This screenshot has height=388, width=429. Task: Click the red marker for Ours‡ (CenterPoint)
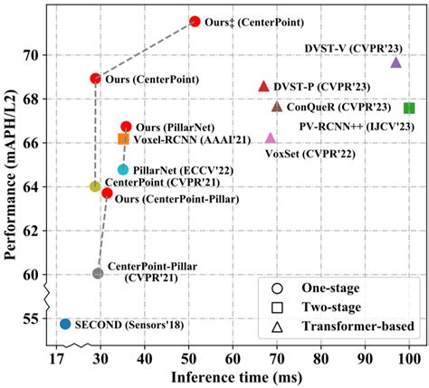(195, 21)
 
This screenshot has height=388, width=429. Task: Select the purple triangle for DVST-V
(396, 62)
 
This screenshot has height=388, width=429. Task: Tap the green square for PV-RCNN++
(409, 108)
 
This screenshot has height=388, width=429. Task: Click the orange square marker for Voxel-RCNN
(123, 138)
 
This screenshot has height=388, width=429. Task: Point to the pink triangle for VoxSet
(270, 137)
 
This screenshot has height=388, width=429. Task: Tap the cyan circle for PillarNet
(123, 170)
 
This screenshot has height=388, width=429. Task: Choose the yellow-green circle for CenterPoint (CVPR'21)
(95, 186)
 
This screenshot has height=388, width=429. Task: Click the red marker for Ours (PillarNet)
(126, 127)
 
